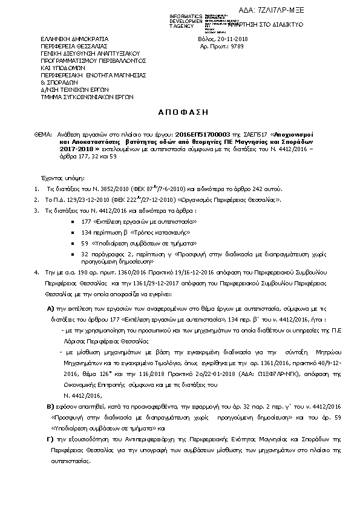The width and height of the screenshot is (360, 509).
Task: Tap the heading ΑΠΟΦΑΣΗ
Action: (180, 112)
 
